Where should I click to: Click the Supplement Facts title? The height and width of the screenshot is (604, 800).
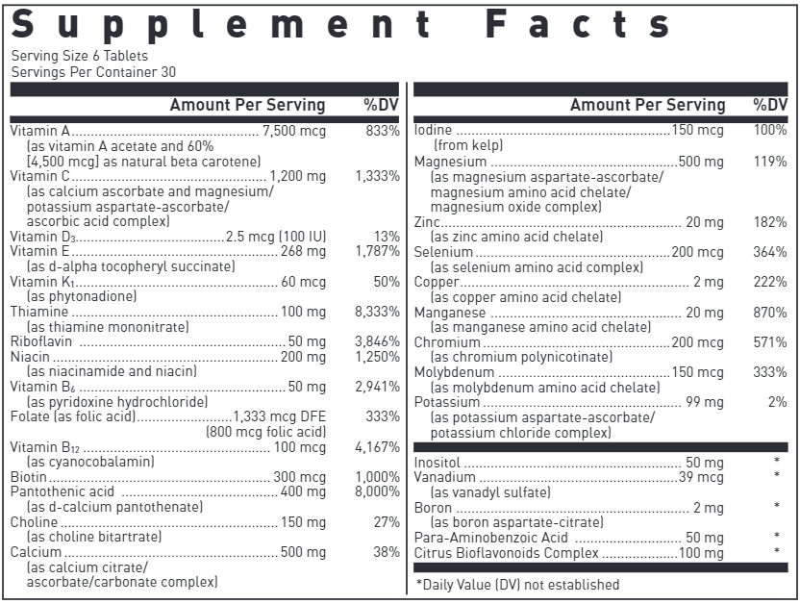coord(340,26)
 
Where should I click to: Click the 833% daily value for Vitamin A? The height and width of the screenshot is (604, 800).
coord(383,130)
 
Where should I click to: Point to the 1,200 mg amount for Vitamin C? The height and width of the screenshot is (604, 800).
coord(298,176)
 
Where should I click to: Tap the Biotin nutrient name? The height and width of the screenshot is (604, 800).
coord(27,477)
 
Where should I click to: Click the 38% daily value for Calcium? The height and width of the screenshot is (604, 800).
coord(386,552)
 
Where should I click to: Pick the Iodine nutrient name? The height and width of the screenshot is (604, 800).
coord(433,130)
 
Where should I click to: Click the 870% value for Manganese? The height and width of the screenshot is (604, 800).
coord(770,312)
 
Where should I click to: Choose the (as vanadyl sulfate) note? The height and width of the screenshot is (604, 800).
coord(490,492)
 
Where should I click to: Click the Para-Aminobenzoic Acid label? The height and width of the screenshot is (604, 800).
coord(490,537)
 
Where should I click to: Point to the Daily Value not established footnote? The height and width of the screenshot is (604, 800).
coord(517,584)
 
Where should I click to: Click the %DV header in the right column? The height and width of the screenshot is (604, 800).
coord(770,105)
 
